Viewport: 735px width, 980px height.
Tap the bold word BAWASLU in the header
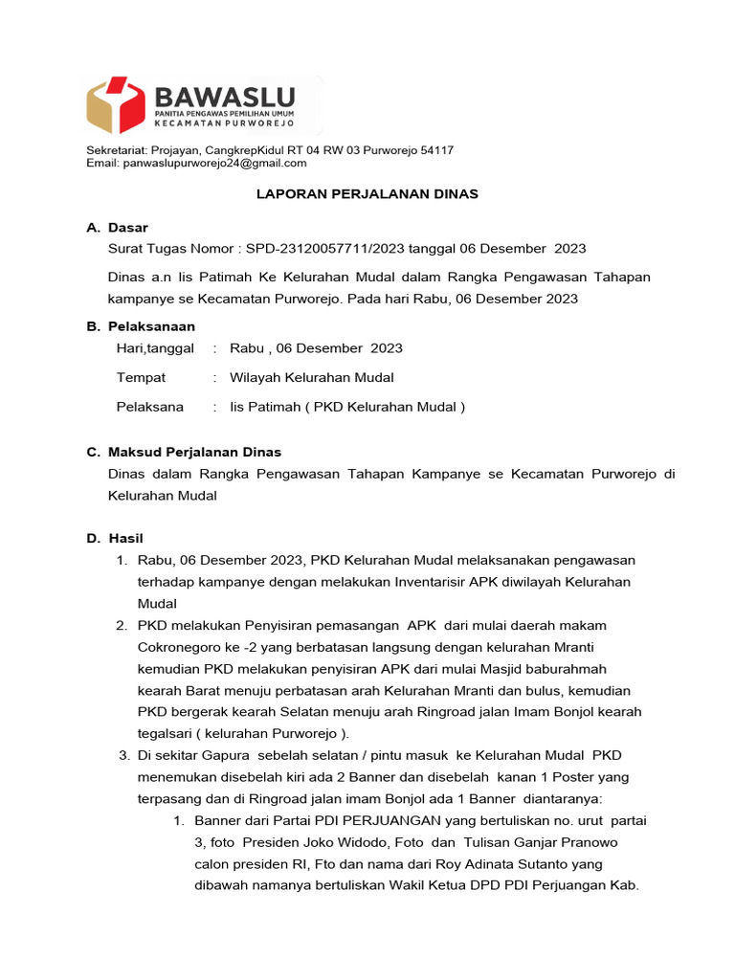point(224,97)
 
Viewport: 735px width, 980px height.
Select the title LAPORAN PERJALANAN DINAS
point(367,194)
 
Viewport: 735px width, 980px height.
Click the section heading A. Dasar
point(117,228)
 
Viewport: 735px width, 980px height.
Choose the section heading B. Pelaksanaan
point(141,326)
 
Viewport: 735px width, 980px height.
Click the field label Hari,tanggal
point(155,348)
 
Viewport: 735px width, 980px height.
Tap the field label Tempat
point(141,378)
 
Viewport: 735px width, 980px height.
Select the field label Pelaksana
point(149,407)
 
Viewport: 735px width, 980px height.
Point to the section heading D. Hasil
point(115,539)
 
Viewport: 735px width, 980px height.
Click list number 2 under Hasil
point(122,626)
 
